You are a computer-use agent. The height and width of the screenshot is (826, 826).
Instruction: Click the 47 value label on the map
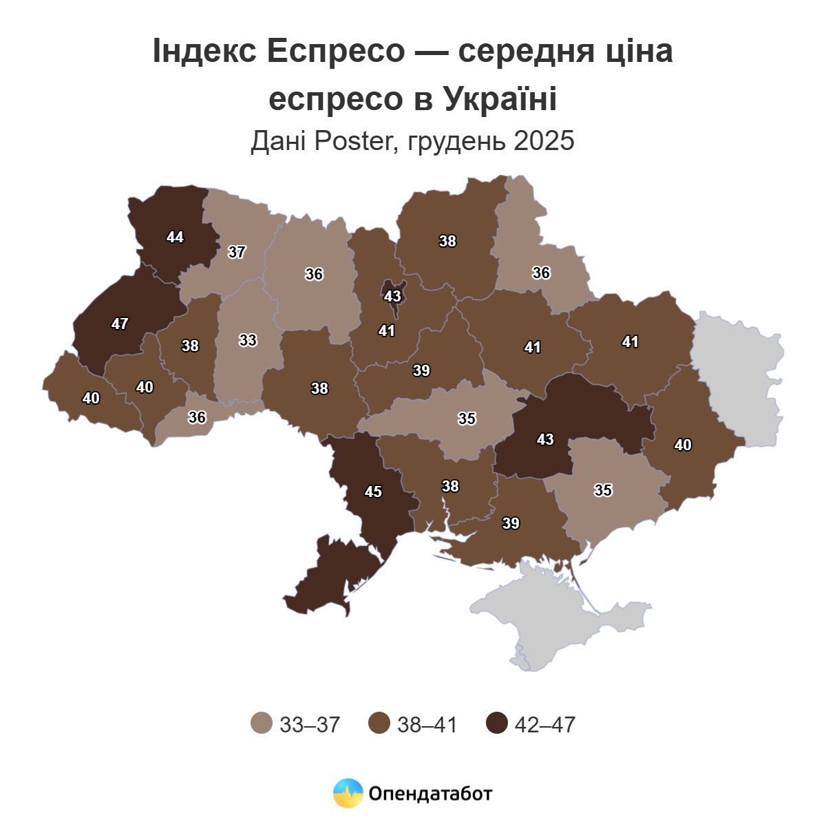click(x=120, y=324)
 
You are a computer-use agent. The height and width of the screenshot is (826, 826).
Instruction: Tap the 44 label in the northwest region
click(x=175, y=237)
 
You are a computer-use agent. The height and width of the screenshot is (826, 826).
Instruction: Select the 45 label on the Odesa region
click(x=373, y=492)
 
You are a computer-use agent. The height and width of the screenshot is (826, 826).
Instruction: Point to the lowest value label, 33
click(x=248, y=340)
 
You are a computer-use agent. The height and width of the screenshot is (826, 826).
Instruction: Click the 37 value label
click(x=237, y=253)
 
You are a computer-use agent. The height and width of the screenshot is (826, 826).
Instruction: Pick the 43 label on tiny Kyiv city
click(x=392, y=297)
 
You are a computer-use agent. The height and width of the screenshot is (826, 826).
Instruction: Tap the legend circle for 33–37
click(x=262, y=723)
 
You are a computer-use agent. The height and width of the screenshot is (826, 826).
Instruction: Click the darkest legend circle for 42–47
click(x=496, y=723)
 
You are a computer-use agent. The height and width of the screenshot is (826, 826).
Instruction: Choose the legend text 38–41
click(x=427, y=724)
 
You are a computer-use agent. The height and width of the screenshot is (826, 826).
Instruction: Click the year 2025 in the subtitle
click(x=544, y=140)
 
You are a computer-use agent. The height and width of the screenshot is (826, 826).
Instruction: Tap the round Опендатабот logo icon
click(x=348, y=793)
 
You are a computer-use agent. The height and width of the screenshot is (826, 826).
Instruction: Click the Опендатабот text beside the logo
click(x=430, y=794)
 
